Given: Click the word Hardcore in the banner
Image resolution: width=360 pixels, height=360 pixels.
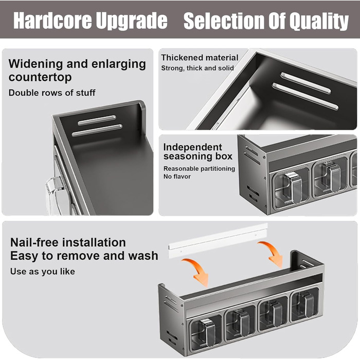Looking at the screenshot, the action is pos(52,21).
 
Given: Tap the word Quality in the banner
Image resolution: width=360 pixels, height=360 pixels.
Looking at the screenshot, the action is pos(319,22).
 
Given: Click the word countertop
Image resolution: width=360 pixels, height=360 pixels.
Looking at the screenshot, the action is pos(40,77).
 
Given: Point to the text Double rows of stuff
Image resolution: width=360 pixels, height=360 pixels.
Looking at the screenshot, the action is pos(52,93).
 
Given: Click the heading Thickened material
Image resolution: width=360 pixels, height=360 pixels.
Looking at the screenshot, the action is pos(200,58).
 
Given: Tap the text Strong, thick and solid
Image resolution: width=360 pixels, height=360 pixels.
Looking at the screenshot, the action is pos(197,68).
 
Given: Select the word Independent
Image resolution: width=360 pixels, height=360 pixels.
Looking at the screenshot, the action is pos(192,147).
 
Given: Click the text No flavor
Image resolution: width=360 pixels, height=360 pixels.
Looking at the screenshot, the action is pos(177,176).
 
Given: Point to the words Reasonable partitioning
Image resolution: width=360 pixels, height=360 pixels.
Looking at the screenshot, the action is pos(199,169).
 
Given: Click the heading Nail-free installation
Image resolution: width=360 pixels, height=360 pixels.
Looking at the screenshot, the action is pos(68,242).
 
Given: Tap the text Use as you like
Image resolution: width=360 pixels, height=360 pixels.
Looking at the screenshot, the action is pos(43,272).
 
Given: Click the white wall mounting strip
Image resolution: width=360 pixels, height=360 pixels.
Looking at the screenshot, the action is pos(218,241).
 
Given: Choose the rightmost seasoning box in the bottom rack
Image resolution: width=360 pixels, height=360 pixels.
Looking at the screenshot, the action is pos(304,304).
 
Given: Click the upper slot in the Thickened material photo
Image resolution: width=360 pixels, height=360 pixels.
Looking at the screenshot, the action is pos(306,83).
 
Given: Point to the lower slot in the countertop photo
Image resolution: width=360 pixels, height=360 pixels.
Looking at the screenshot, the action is pos(97,130).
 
